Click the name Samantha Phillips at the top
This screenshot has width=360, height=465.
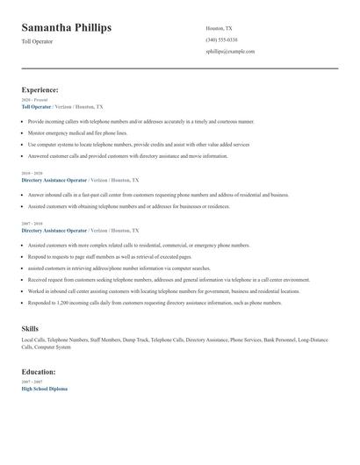pos(67,28)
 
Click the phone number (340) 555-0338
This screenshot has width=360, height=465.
pos(221,39)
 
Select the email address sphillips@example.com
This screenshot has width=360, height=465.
pos(230,52)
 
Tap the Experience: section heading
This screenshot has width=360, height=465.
pos(40,89)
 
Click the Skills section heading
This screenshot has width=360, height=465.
pos(30,328)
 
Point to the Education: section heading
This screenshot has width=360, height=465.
pos(39,372)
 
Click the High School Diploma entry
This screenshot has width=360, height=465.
pos(44,389)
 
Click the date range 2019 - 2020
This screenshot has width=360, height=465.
pos(32,174)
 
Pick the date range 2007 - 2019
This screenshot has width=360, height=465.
pos(32,224)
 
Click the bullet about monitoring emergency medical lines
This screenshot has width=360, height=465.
pos(79,132)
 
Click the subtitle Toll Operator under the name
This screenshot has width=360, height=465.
pos(38,42)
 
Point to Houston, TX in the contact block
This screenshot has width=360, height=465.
pos(219,28)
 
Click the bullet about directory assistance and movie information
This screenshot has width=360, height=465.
pos(127,156)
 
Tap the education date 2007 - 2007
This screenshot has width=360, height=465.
pos(32,383)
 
